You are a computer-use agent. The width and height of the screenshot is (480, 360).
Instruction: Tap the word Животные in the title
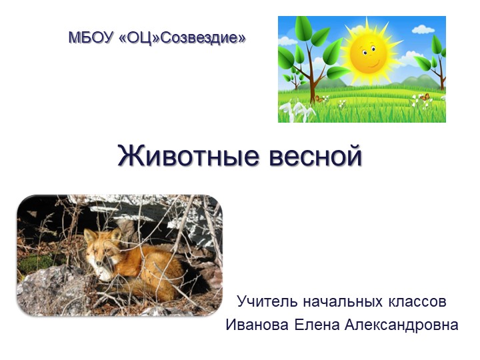pyautogui.click(x=187, y=156)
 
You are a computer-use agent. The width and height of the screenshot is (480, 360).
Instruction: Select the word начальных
pyautogui.click(x=341, y=301)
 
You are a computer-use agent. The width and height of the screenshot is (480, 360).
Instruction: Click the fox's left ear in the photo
pyautogui.click(x=89, y=235)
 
